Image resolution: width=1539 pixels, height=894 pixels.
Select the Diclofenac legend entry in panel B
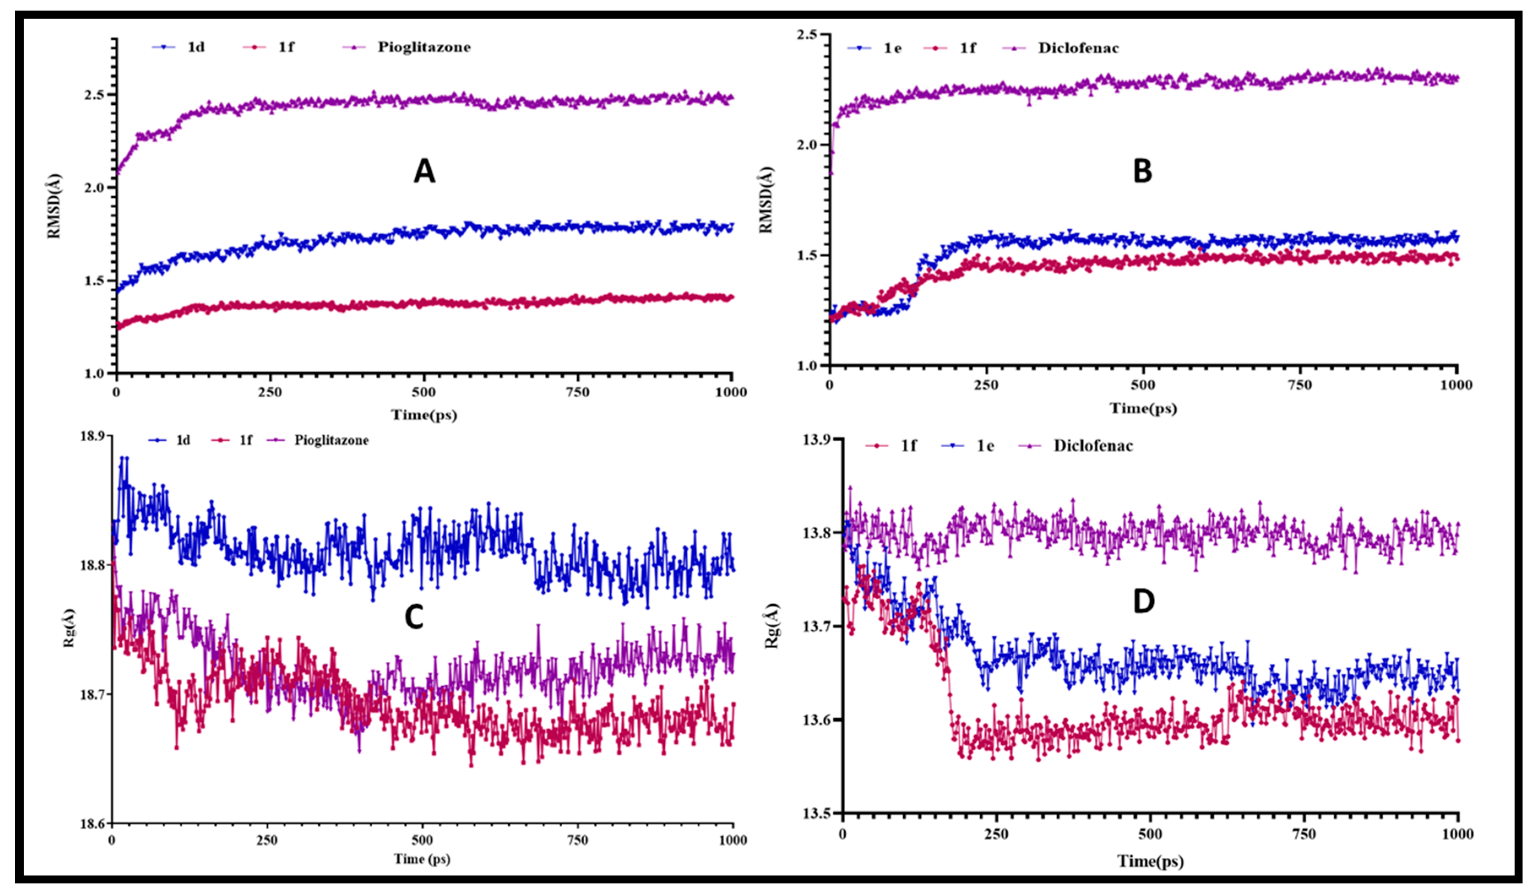click(1078, 48)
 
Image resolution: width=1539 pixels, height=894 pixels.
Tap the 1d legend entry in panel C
click(182, 440)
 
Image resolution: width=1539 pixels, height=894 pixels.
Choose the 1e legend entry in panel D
click(984, 446)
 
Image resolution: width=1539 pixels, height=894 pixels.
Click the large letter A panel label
click(424, 171)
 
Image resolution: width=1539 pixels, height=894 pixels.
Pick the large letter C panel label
click(414, 618)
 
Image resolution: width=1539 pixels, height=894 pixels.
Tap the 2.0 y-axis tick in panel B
click(809, 145)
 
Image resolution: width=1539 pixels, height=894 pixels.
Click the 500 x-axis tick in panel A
click(424, 392)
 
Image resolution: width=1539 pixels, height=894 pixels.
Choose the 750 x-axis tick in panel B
click(1300, 385)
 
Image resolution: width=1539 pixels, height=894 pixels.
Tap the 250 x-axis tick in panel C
click(267, 840)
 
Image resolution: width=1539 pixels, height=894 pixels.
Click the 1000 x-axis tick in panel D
click(1457, 834)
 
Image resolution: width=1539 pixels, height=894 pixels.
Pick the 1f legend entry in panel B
click(968, 48)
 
